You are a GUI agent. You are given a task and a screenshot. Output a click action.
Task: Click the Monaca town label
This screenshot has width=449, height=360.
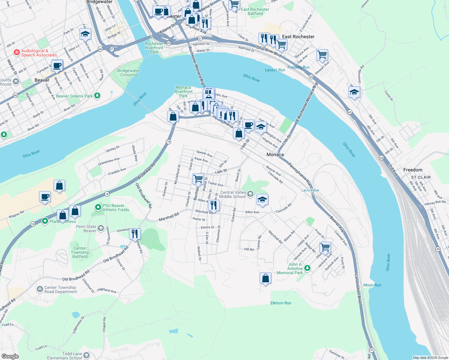(275, 154)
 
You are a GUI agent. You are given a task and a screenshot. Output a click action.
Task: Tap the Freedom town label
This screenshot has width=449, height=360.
(413, 170)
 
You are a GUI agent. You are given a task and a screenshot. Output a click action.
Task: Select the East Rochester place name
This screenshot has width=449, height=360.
(298, 37)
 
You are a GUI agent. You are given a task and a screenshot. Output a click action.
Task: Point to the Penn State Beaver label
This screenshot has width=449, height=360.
(86, 229)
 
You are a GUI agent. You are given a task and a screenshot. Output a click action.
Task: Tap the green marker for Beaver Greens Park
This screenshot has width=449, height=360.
(97, 96)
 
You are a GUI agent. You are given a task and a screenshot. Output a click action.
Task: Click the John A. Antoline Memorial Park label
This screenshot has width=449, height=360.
(290, 268)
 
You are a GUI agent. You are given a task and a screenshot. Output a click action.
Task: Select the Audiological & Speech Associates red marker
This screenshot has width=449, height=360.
(17, 52)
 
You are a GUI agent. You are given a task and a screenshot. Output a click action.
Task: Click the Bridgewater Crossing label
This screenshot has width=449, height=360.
(128, 73)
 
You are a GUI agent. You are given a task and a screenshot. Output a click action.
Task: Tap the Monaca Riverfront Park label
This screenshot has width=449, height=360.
(183, 91)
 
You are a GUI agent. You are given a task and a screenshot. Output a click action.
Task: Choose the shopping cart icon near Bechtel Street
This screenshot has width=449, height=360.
(198, 179)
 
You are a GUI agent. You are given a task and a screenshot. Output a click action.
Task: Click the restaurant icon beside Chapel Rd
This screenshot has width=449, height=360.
(135, 233)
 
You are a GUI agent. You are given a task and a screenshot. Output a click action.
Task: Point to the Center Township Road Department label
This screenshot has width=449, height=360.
(61, 289)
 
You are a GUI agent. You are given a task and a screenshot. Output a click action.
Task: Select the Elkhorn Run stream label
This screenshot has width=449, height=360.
(281, 303)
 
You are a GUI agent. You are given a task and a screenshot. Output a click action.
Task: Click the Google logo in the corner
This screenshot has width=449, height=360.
(10, 356)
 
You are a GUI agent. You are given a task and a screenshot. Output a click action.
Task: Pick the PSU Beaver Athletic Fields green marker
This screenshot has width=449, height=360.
(98, 207)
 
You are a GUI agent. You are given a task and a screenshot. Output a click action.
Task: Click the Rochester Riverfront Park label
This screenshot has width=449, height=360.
(154, 48)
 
